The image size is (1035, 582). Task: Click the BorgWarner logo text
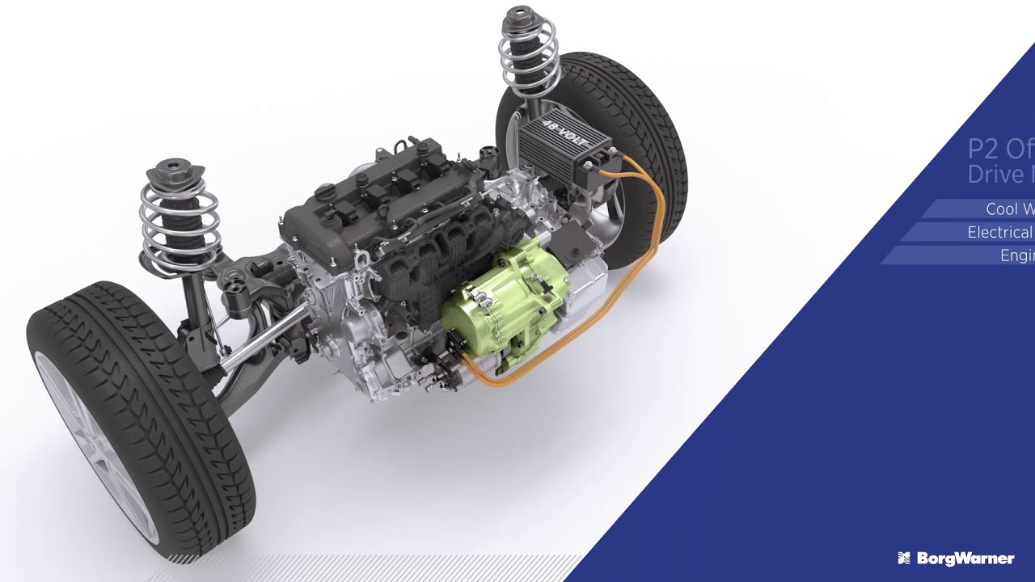(x=965, y=559)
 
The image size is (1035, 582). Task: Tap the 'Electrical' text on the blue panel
(x=1000, y=233)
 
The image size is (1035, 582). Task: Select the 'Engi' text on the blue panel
(x=1017, y=255)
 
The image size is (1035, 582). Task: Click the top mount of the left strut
(x=171, y=171)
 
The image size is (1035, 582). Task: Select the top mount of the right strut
(x=523, y=17)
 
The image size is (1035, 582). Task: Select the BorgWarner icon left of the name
(x=904, y=559)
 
